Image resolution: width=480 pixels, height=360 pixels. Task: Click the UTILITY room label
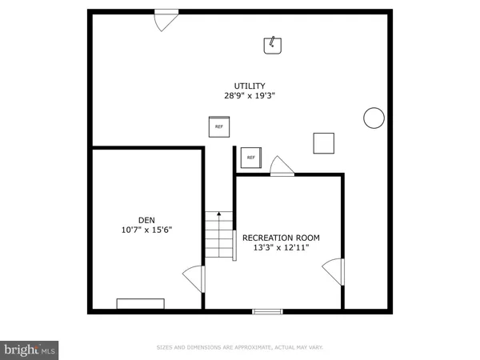coord(250,86)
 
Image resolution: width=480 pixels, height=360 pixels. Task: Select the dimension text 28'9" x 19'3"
coord(250,95)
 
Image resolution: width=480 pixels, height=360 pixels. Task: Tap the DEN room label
coord(146,220)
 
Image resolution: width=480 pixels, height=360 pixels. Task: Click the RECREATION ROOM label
coord(281,238)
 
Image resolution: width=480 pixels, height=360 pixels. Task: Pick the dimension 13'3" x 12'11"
coord(281,248)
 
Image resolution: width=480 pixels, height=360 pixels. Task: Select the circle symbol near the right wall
coord(374,118)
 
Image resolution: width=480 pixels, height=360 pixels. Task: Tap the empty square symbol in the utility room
coord(324,142)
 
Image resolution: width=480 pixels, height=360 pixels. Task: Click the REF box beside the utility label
coord(219,126)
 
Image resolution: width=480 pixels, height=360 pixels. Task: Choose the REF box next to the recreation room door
coord(250,158)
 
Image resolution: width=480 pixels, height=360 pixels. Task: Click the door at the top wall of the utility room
coord(166,19)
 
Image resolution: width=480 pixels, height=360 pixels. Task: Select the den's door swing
coord(194,278)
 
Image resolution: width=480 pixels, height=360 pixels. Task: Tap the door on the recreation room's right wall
coord(333,274)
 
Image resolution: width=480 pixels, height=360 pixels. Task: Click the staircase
coord(219,237)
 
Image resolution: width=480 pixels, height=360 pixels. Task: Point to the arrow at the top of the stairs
coord(219,214)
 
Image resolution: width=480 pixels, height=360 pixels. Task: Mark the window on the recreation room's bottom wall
coord(267,310)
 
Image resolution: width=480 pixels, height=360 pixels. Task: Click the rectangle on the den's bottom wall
coord(141,303)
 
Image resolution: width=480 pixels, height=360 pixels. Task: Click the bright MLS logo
coord(30,349)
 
